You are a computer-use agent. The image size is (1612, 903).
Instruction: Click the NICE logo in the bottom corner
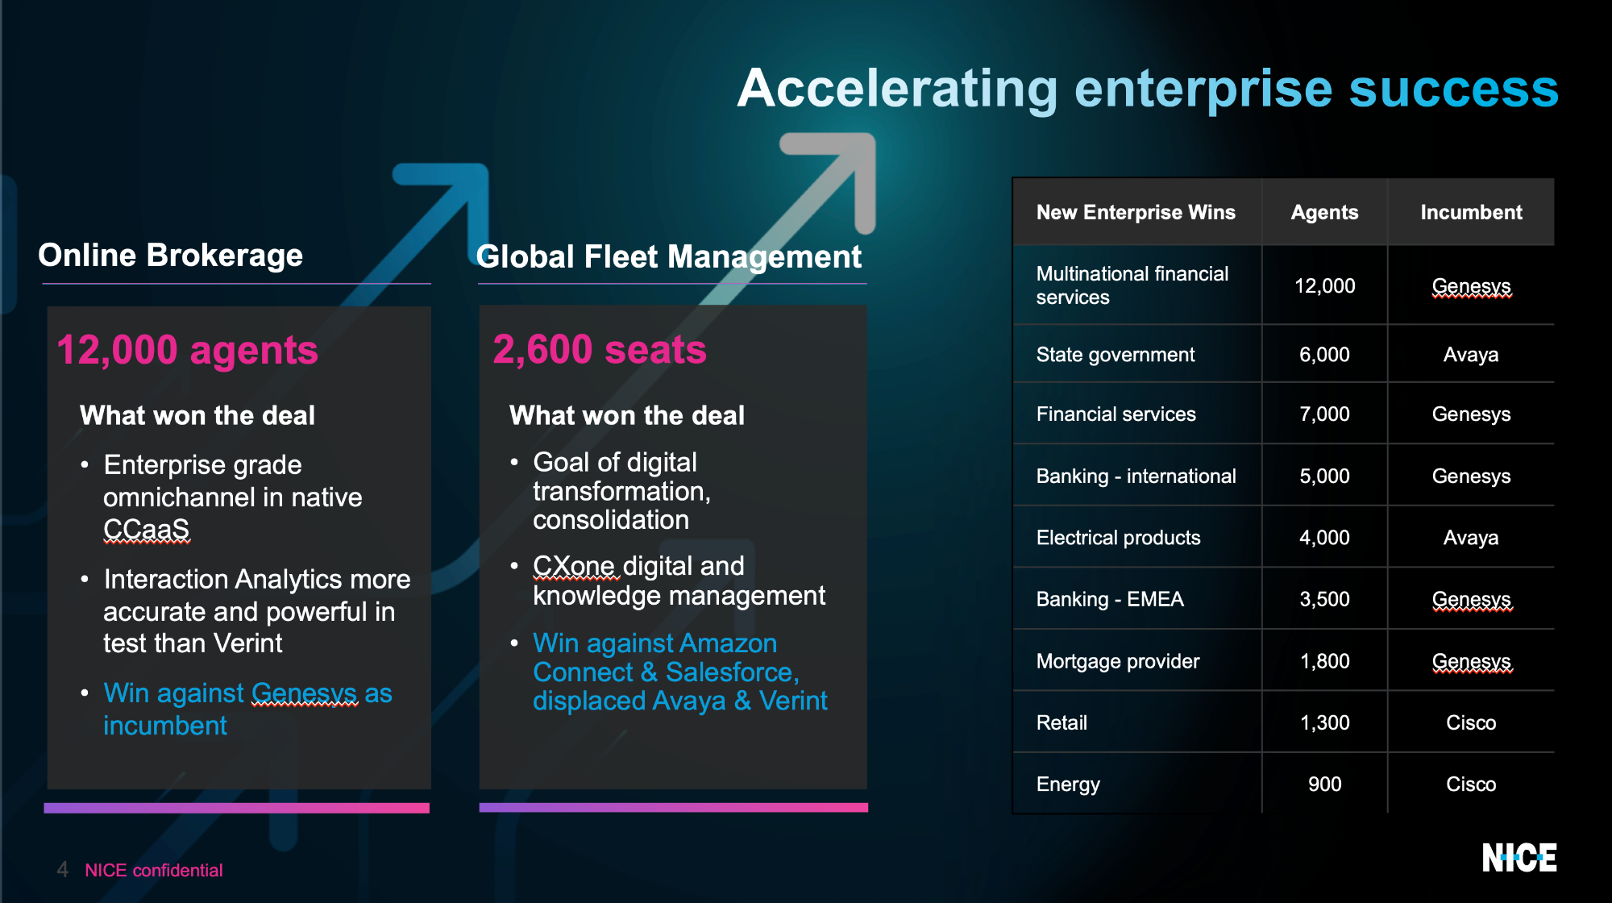pyautogui.click(x=1519, y=858)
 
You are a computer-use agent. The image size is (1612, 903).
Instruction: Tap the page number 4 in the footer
pyautogui.click(x=62, y=870)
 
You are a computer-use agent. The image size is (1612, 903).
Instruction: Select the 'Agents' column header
pyautogui.click(x=1324, y=212)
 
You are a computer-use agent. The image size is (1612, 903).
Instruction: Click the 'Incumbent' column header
pyautogui.click(x=1471, y=212)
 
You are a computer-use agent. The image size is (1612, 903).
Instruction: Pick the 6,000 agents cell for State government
pyautogui.click(x=1324, y=355)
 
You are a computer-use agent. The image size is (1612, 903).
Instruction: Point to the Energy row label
pyautogui.click(x=1068, y=784)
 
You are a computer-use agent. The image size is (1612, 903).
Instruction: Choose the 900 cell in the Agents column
pyautogui.click(x=1324, y=784)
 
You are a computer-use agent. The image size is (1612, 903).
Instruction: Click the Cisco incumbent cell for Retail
pyautogui.click(x=1471, y=723)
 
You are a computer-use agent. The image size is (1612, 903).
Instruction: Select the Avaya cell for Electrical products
pyautogui.click(x=1471, y=538)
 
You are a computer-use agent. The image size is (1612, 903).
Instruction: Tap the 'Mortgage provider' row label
pyautogui.click(x=1118, y=662)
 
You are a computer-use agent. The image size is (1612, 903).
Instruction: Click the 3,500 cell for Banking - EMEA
pyautogui.click(x=1324, y=600)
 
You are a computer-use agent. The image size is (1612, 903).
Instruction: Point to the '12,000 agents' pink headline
pyautogui.click(x=187, y=351)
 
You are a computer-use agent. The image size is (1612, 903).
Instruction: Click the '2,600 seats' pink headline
pyautogui.click(x=600, y=350)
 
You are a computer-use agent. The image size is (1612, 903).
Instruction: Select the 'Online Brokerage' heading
pyautogui.click(x=171, y=256)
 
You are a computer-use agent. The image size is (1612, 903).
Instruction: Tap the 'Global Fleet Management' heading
pyautogui.click(x=669, y=257)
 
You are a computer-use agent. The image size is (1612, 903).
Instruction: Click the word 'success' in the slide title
pyautogui.click(x=1454, y=89)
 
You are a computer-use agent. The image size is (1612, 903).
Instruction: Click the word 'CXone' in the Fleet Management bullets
pyautogui.click(x=575, y=566)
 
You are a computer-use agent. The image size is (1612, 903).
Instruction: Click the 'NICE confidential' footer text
pyautogui.click(x=154, y=871)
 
